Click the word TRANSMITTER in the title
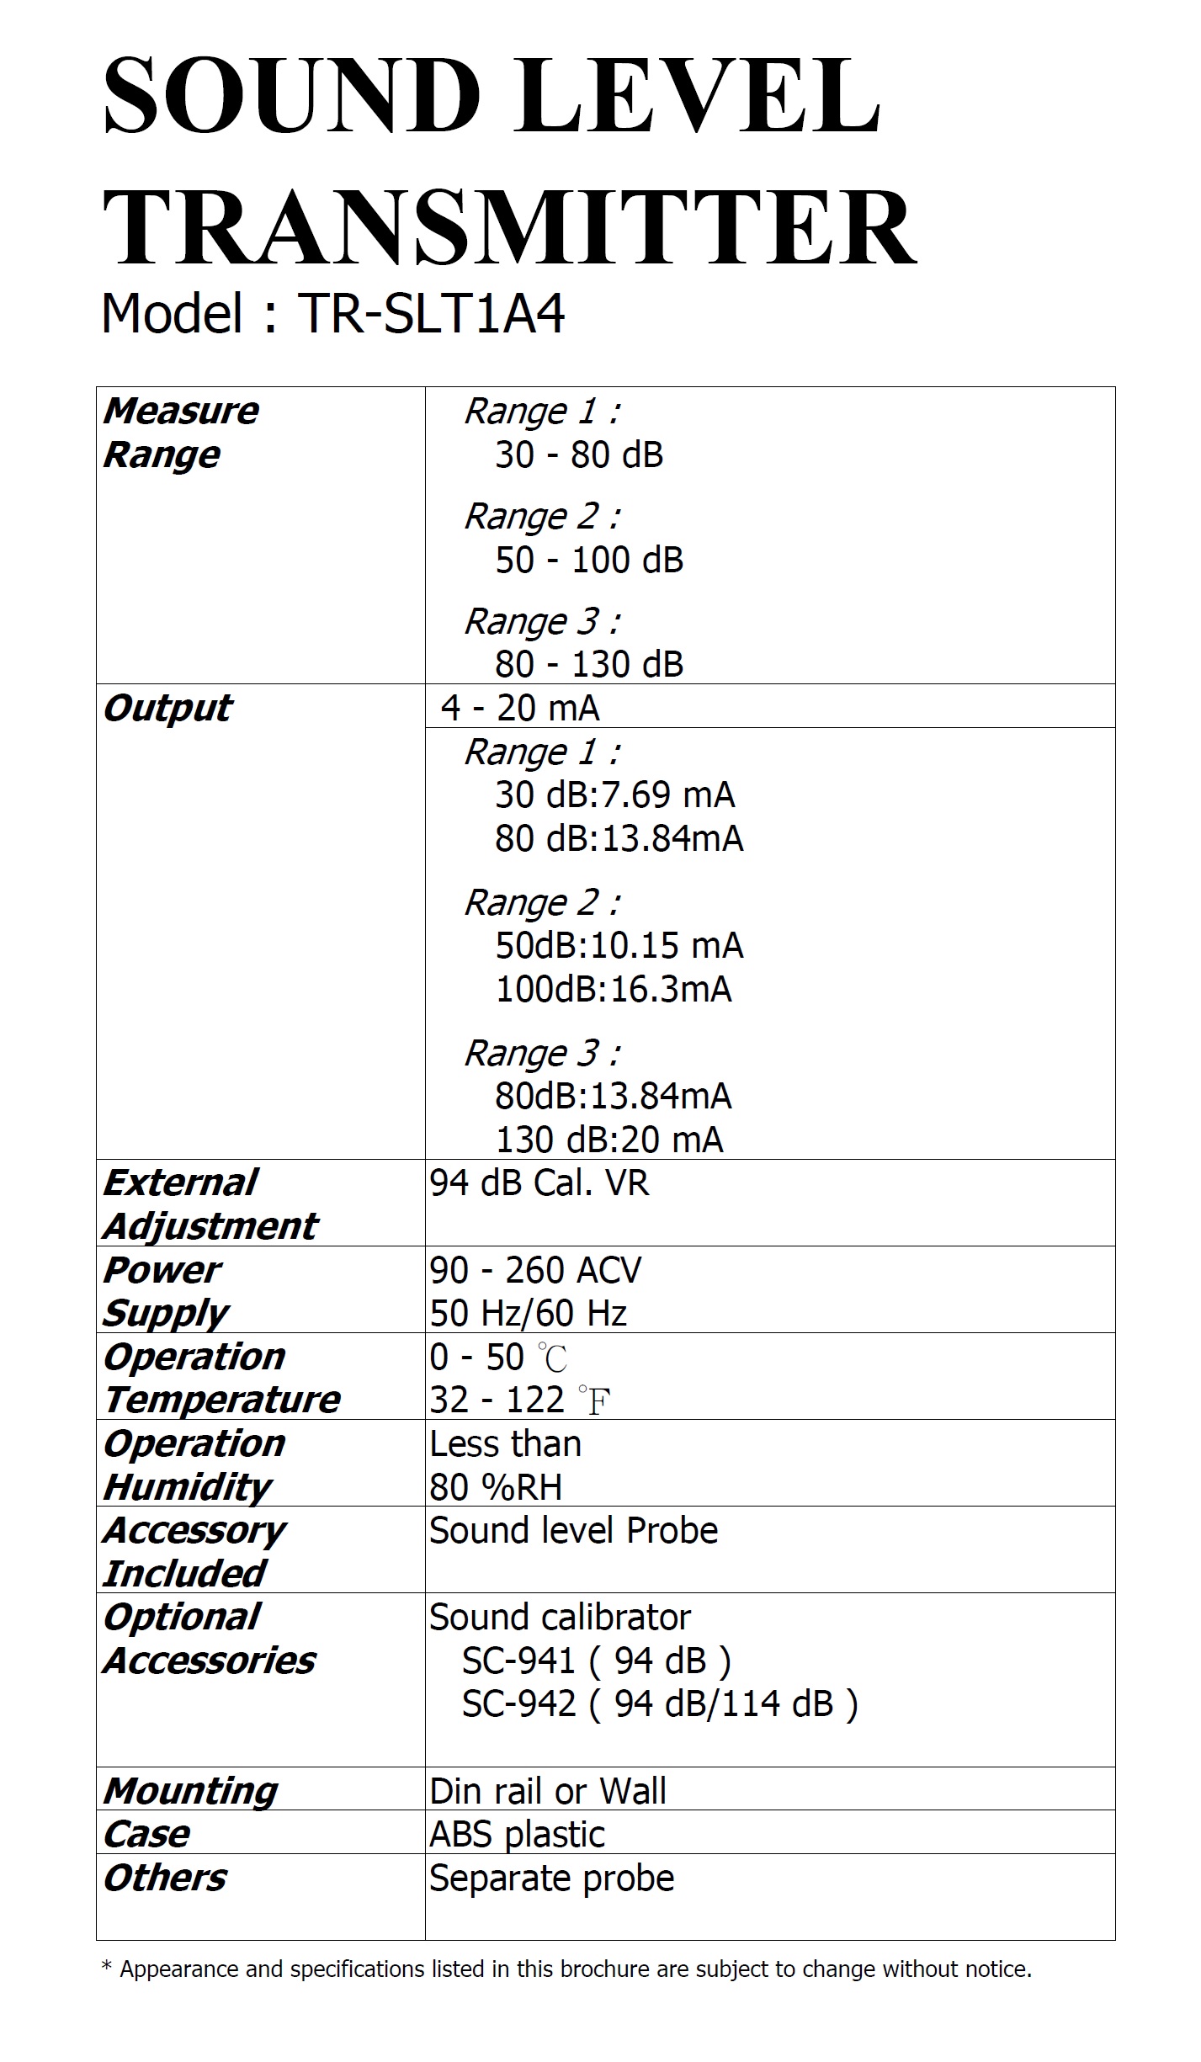tap(509, 228)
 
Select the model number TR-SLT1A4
tap(431, 314)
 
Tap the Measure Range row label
tap(181, 433)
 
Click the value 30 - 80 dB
tap(579, 455)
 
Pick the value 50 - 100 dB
tap(589, 561)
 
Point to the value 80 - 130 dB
tap(589, 665)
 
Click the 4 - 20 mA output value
tap(520, 708)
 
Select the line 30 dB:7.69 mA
tap(614, 795)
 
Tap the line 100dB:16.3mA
tap(614, 990)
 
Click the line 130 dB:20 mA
tap(609, 1140)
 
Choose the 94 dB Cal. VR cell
tap(539, 1183)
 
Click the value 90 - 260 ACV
tap(535, 1271)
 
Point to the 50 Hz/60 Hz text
tap(529, 1314)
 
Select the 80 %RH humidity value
tap(496, 1488)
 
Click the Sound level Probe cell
tap(574, 1531)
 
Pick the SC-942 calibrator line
tap(660, 1703)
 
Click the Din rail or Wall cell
tap(548, 1791)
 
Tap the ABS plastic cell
tap(518, 1835)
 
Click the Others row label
tap(165, 1878)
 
